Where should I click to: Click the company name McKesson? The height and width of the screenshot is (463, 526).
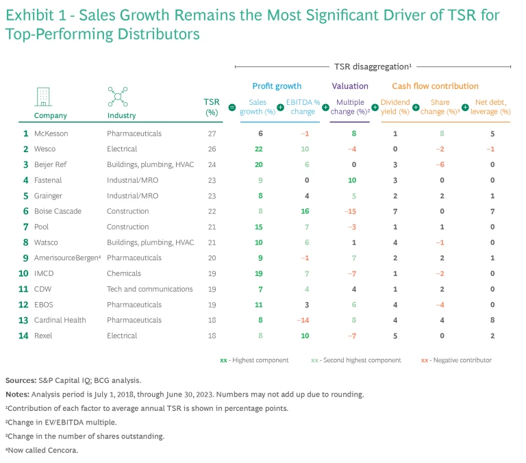coord(51,134)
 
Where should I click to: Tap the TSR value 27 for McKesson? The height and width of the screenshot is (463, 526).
coord(212,134)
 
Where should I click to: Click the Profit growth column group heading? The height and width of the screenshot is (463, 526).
coord(277,86)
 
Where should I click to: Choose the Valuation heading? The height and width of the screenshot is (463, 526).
coord(350,86)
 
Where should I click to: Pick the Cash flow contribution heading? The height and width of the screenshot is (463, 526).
coord(435,86)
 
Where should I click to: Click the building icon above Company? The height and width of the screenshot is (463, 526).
coord(43,97)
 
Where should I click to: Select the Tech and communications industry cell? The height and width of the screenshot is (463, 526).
coord(150,289)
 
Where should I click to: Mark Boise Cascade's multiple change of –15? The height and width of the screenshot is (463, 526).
coord(352,212)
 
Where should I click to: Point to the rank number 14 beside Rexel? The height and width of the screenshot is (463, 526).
coord(24,336)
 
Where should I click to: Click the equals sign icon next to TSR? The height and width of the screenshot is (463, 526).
coord(231,108)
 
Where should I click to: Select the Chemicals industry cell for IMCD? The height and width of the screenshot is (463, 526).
coord(124,273)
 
